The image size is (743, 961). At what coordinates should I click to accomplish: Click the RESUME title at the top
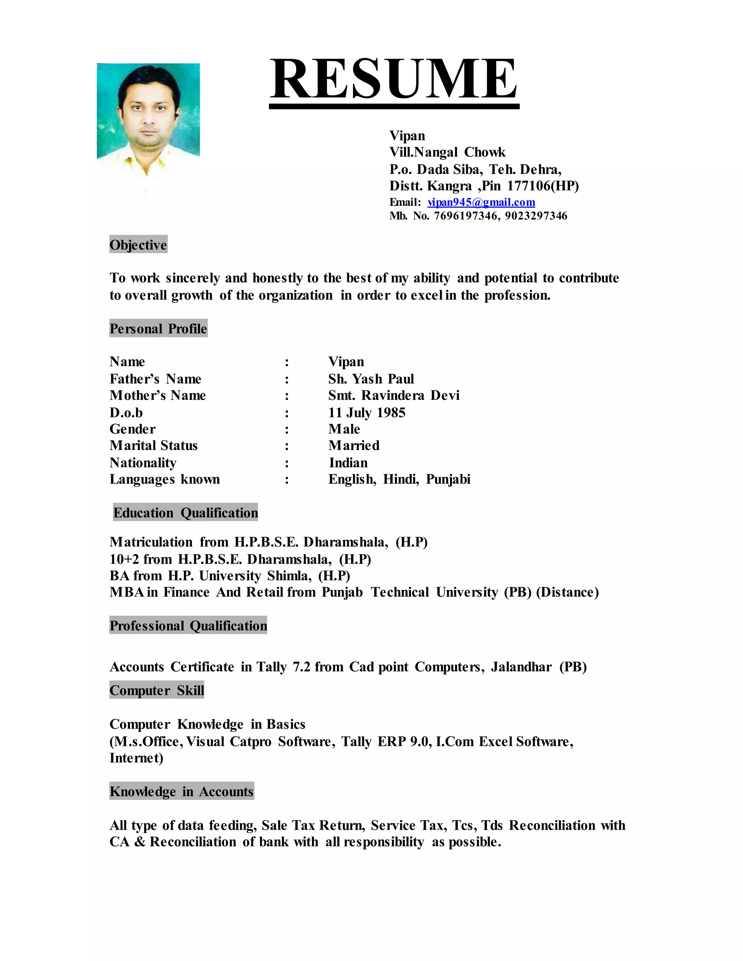pyautogui.click(x=394, y=80)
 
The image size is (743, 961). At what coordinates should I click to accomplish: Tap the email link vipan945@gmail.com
pyautogui.click(x=481, y=202)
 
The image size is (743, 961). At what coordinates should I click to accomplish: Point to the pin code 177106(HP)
pyautogui.click(x=543, y=186)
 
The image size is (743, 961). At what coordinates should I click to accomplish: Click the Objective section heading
pyautogui.click(x=138, y=245)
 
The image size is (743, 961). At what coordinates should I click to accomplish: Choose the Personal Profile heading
pyautogui.click(x=158, y=329)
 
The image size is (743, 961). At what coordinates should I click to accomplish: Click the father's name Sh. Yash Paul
pyautogui.click(x=371, y=379)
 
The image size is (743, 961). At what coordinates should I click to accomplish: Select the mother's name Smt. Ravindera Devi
pyautogui.click(x=394, y=395)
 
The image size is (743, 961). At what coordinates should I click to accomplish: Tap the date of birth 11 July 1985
pyautogui.click(x=367, y=412)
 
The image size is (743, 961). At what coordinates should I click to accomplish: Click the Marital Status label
pyautogui.click(x=153, y=445)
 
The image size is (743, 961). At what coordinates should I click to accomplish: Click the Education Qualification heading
pyautogui.click(x=185, y=513)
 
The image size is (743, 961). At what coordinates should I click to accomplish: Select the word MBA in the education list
pyautogui.click(x=126, y=592)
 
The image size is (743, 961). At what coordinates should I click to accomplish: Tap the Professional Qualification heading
pyautogui.click(x=188, y=626)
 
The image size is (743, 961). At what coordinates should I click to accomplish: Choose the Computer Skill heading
pyautogui.click(x=157, y=690)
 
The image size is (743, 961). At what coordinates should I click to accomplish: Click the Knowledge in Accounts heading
pyautogui.click(x=181, y=792)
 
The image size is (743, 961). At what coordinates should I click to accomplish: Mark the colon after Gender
pyautogui.click(x=287, y=429)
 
